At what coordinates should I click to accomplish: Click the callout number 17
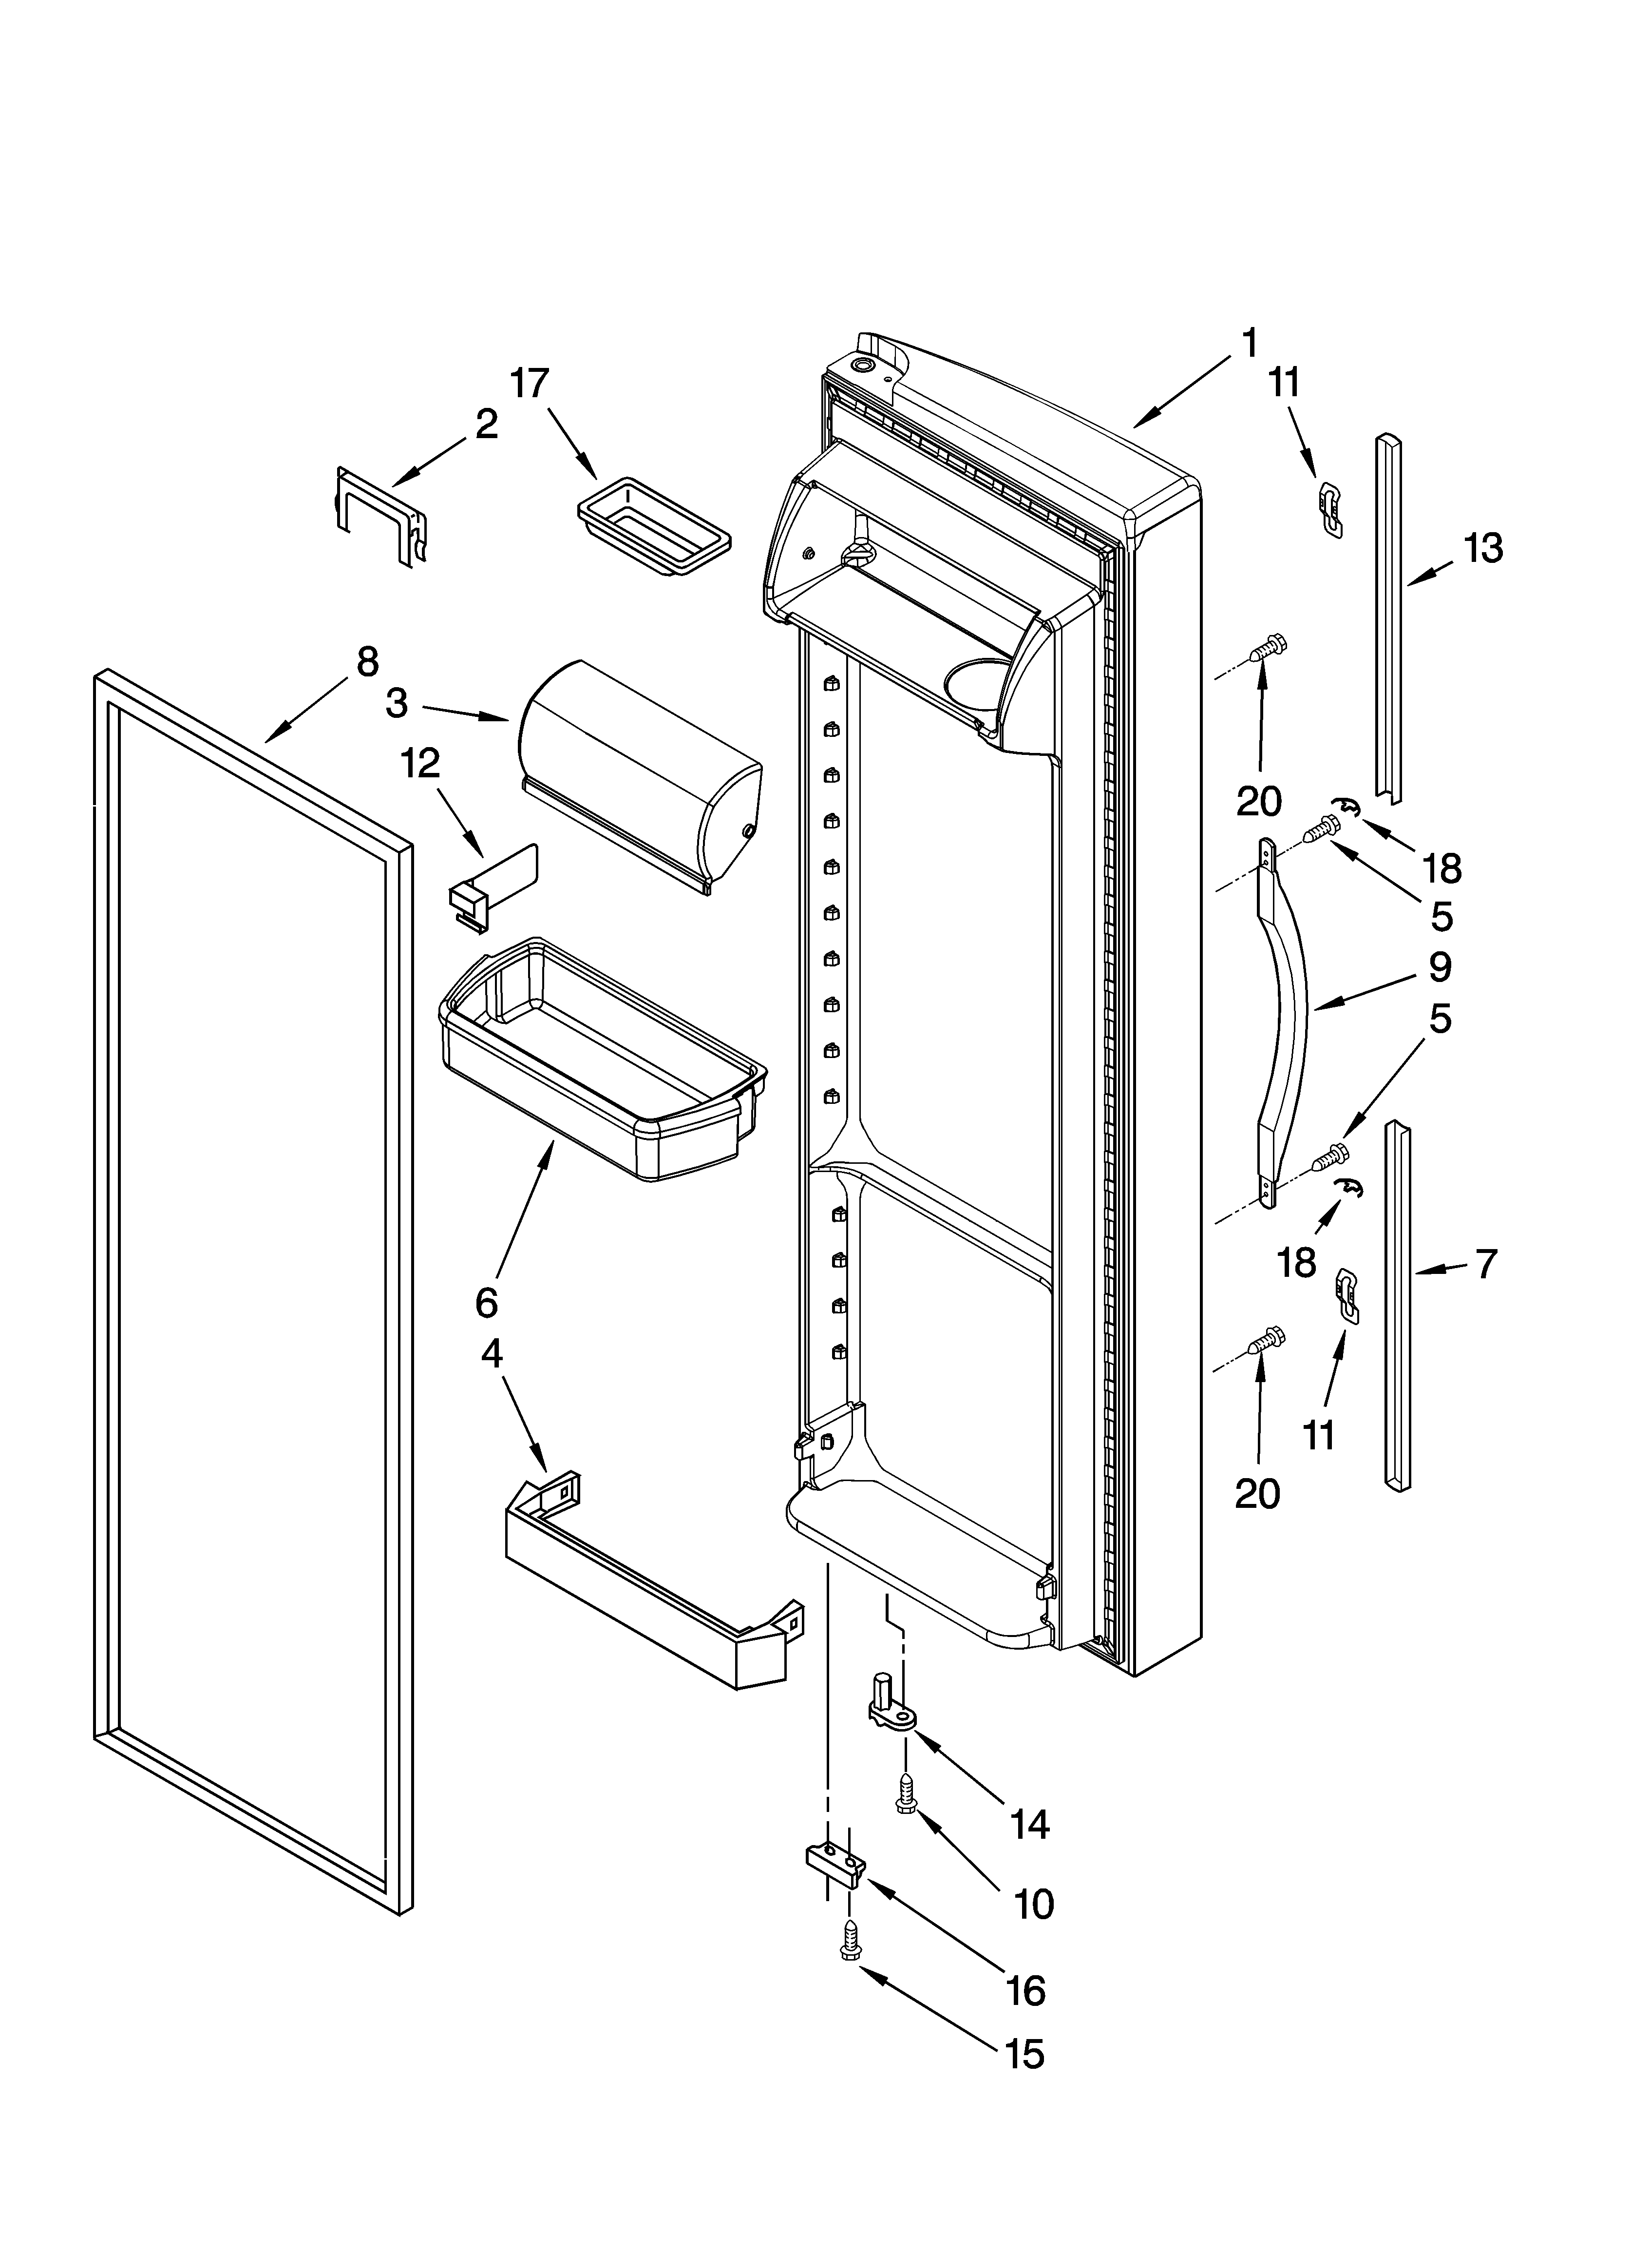(x=530, y=384)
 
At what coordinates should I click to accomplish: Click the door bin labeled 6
(x=603, y=1063)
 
